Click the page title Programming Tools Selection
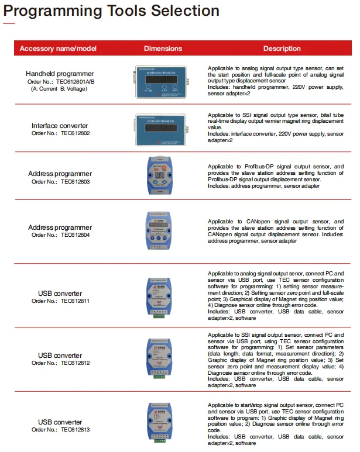click(x=112, y=11)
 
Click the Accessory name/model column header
click(x=58, y=49)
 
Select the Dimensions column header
click(x=163, y=49)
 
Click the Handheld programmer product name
click(x=60, y=74)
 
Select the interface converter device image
click(x=160, y=128)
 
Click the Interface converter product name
click(x=60, y=126)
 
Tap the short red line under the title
click(x=9, y=24)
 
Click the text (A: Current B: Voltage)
click(x=60, y=89)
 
